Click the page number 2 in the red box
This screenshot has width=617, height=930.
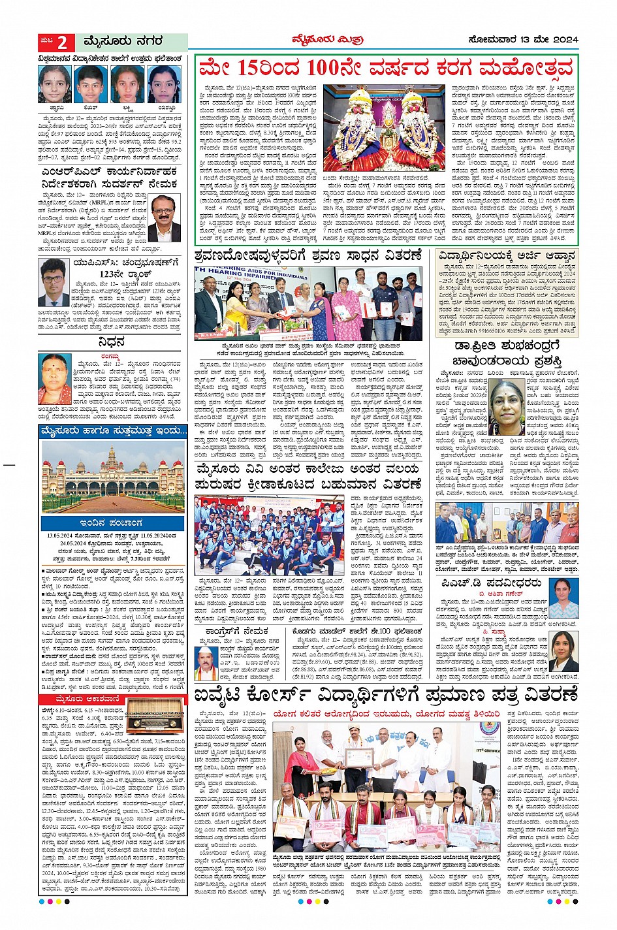pyautogui.click(x=62, y=42)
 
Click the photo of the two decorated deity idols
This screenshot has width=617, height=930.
pyautogui.click(x=375, y=127)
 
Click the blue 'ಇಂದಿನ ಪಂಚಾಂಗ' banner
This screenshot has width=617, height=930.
pyautogui.click(x=112, y=523)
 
